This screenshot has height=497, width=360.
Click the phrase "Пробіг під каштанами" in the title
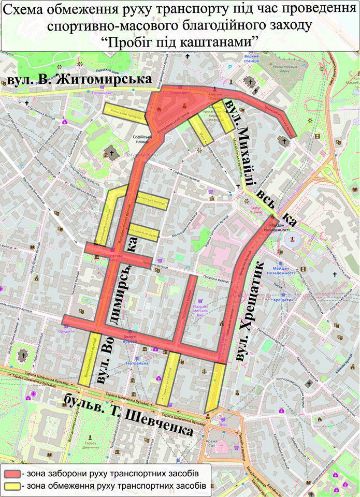click(x=180, y=42)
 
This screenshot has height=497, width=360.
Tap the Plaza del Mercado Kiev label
click(x=200, y=310)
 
